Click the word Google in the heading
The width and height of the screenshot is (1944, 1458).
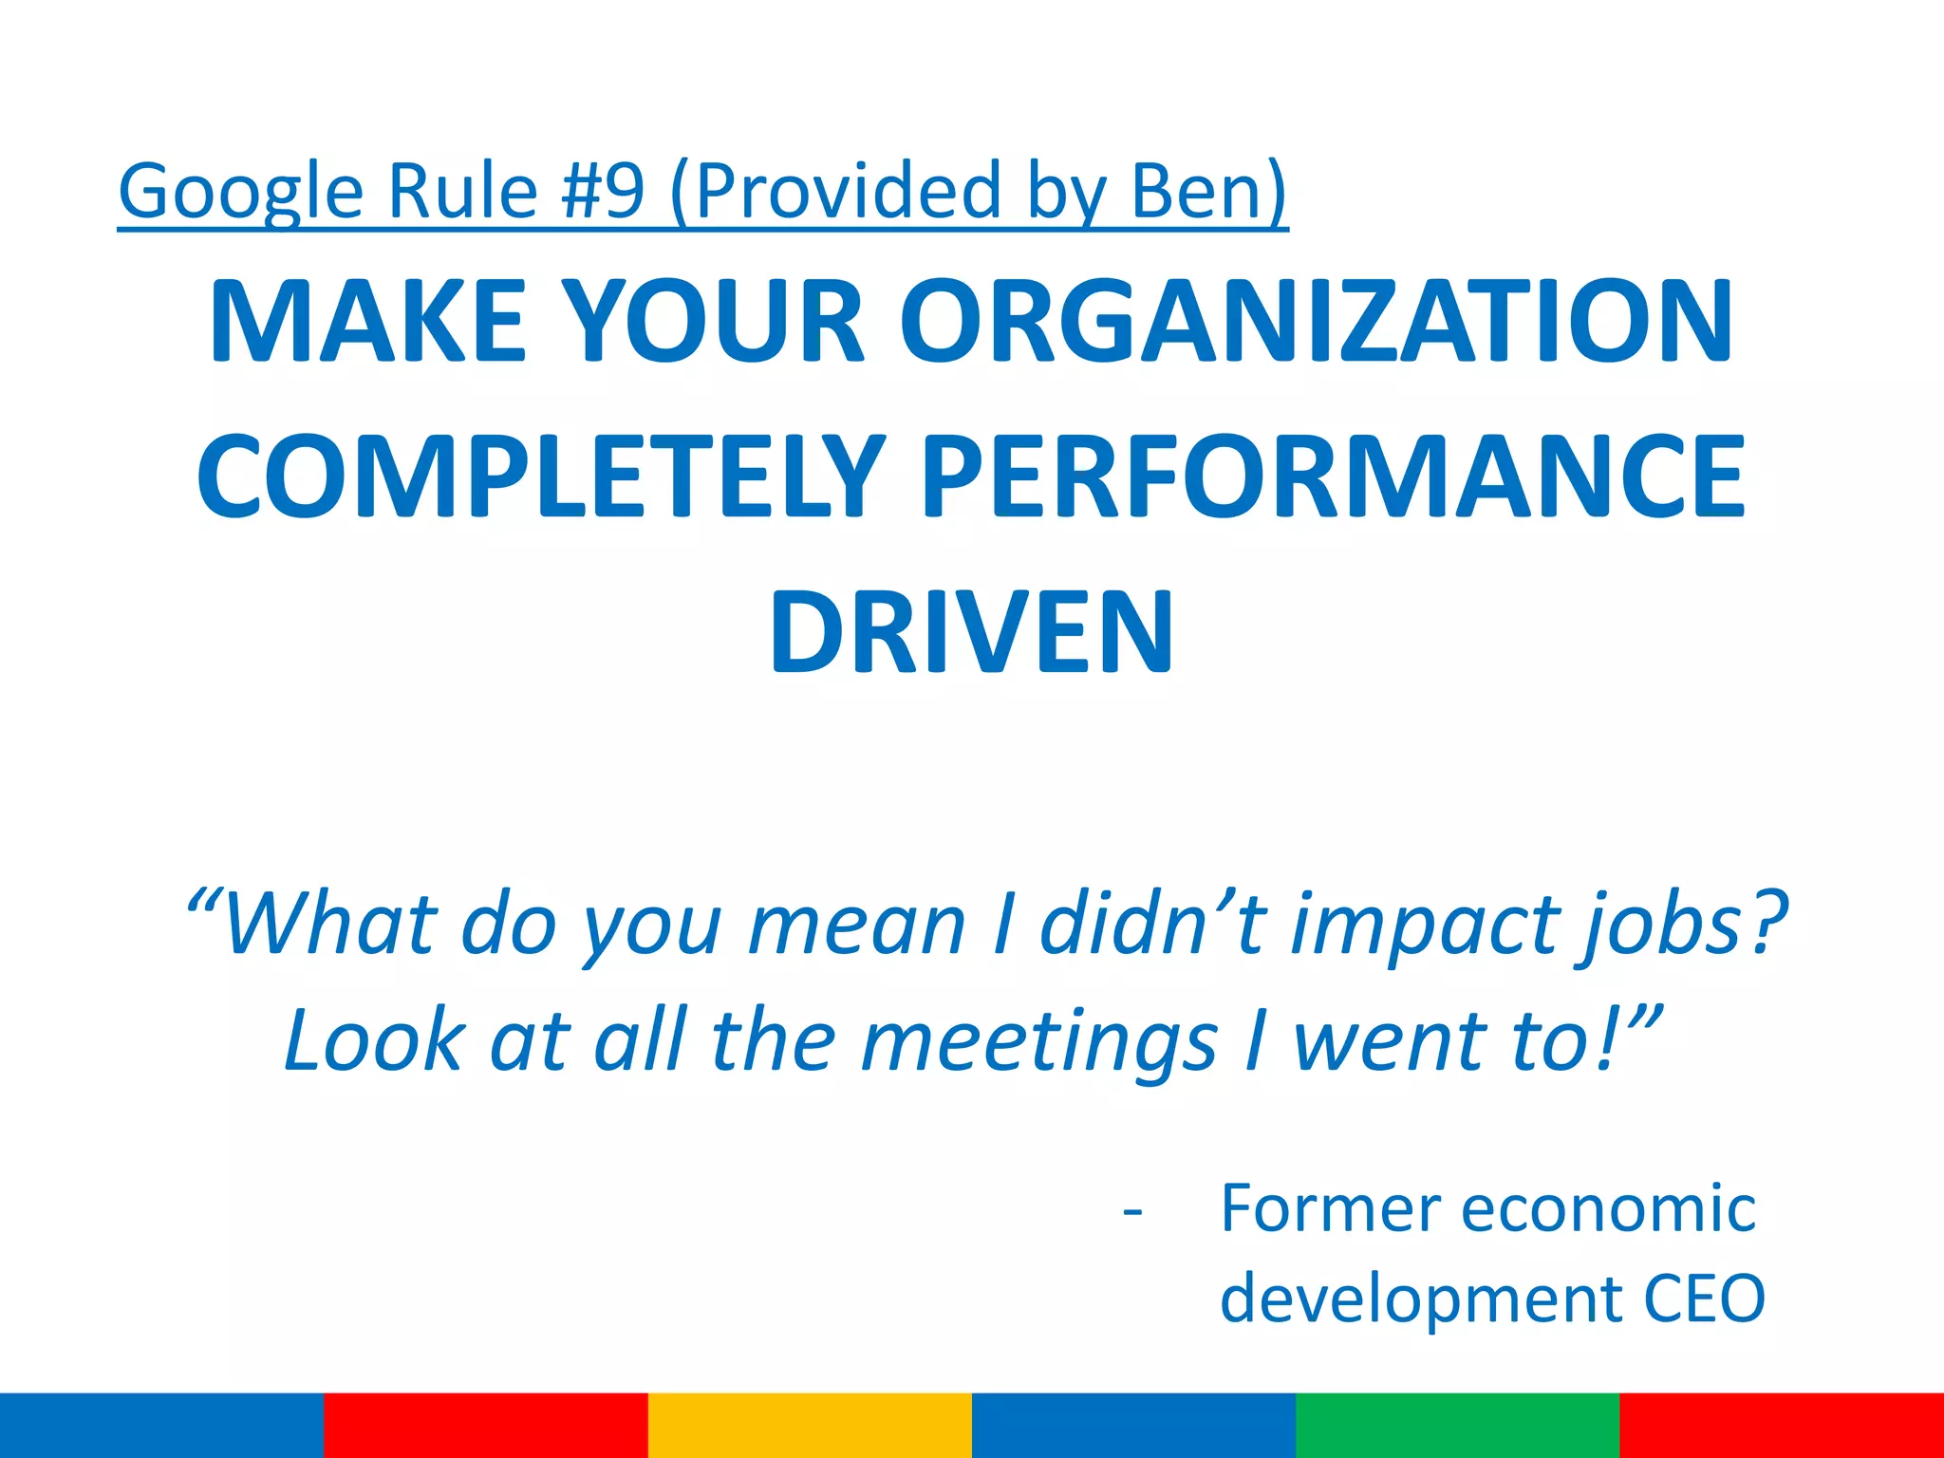tap(240, 193)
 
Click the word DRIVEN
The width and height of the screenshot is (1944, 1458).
tap(971, 632)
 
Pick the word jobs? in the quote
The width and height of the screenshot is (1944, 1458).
tap(1680, 926)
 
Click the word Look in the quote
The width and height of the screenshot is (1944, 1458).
tap(376, 1041)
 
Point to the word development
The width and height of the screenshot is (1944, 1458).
tap(1420, 1299)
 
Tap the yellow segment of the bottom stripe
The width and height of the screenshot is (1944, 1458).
tap(810, 1425)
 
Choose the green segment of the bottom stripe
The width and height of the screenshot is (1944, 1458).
tap(1457, 1425)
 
